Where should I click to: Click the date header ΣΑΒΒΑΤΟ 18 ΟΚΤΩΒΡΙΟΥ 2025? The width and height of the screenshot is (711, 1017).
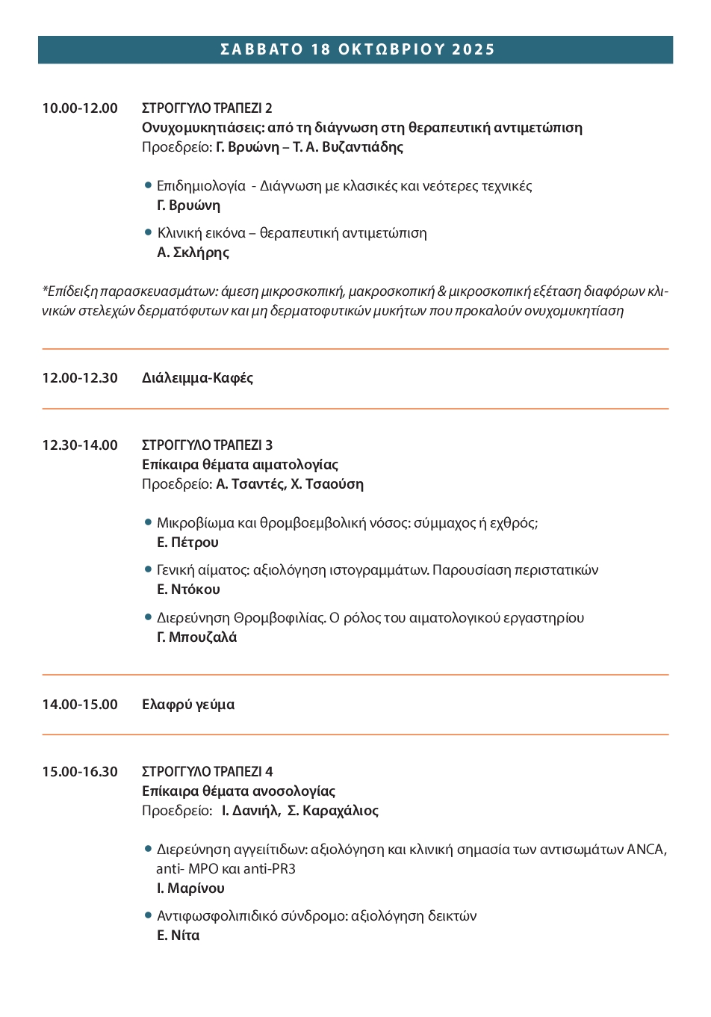[x=357, y=49]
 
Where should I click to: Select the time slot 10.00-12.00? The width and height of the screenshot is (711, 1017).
[x=80, y=108]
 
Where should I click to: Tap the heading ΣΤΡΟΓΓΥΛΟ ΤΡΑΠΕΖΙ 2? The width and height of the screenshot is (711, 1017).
[x=207, y=108]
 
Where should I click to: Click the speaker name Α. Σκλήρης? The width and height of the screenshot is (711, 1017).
[x=193, y=253]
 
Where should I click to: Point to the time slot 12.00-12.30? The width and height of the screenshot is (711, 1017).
[x=80, y=378]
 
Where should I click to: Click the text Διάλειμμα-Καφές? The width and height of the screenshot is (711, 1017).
[x=197, y=378]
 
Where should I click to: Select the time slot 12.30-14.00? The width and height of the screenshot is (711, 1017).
[x=80, y=445]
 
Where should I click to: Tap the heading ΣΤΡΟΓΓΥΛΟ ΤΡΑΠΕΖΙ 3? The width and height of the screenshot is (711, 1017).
[x=207, y=445]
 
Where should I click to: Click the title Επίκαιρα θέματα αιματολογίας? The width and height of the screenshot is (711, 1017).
[x=240, y=465]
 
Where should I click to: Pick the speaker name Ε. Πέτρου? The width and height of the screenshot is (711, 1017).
[x=187, y=542]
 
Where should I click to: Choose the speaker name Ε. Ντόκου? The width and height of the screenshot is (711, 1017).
[x=188, y=590]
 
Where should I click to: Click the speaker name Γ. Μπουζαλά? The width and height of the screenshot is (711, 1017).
[x=196, y=637]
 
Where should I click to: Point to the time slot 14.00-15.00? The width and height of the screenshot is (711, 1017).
[x=80, y=705]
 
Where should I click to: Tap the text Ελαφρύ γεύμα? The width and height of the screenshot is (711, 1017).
[x=188, y=705]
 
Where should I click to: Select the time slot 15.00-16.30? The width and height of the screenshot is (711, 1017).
[x=80, y=772]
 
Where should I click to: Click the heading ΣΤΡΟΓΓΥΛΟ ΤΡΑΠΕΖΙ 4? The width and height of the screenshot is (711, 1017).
[x=207, y=772]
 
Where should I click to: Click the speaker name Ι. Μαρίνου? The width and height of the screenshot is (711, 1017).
[x=190, y=888]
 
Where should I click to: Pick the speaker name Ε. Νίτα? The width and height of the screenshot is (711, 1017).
[x=178, y=936]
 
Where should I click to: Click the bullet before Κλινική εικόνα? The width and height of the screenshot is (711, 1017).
[x=148, y=232]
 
